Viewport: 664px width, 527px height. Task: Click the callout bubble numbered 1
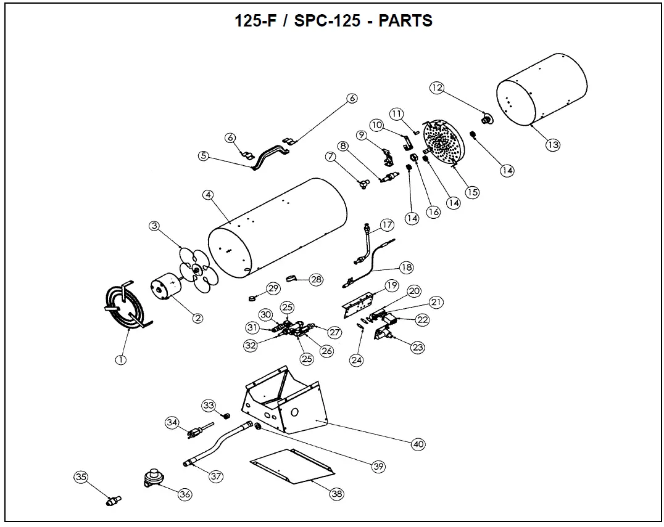tap(121, 360)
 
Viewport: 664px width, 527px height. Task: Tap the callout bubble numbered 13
tap(552, 145)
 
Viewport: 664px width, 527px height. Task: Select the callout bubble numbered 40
tap(418, 444)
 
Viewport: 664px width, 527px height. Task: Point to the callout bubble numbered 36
tap(185, 494)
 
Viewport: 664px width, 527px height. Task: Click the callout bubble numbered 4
tap(208, 195)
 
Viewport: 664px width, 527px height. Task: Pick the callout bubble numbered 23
tap(418, 348)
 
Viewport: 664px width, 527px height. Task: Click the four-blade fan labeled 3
tap(197, 271)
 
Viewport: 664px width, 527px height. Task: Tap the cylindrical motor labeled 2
tap(165, 290)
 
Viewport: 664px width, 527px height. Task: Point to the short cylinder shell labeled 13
tap(542, 88)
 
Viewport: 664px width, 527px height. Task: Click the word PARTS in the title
tap(405, 20)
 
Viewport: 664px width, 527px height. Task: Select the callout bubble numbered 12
tap(437, 88)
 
